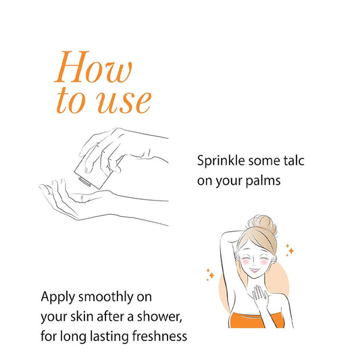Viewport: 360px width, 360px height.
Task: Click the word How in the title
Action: pyautogui.click(x=93, y=67)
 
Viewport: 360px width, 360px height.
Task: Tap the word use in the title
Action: pyautogui.click(x=124, y=102)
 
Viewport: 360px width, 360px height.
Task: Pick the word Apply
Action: pyautogui.click(x=58, y=298)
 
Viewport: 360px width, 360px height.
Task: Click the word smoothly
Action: pyautogui.click(x=106, y=298)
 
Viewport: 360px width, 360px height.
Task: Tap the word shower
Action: pyautogui.click(x=159, y=317)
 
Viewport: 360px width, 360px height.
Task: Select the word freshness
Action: pyautogui.click(x=159, y=336)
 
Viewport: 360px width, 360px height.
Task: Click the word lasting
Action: pyautogui.click(x=109, y=337)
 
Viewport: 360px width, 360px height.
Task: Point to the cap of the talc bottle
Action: pyautogui.click(x=84, y=181)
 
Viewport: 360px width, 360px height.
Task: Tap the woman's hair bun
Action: pyautogui.click(x=262, y=224)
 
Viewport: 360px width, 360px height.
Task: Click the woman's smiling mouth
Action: pyautogui.click(x=255, y=269)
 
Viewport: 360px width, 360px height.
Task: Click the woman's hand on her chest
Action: pyautogui.click(x=260, y=296)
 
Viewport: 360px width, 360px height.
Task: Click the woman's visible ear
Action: pyautogui.click(x=274, y=259)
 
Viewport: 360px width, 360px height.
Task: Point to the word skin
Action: pyautogui.click(x=82, y=317)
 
